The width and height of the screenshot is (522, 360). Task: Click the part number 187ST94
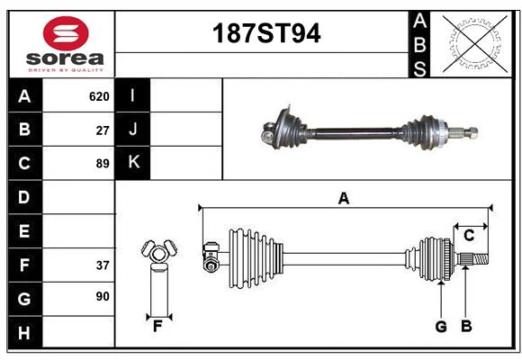click(265, 34)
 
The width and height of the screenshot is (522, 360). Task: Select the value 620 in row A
click(99, 96)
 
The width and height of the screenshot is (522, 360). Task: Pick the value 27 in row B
click(103, 130)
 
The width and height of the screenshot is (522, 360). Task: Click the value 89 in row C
click(103, 164)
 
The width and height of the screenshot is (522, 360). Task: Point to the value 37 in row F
click(103, 265)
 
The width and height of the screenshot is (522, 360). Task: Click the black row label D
click(23, 197)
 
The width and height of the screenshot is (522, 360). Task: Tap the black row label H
click(23, 333)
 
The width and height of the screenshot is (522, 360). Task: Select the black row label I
click(133, 96)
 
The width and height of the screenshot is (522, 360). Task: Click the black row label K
click(133, 163)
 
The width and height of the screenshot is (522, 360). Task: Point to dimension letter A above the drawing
click(343, 198)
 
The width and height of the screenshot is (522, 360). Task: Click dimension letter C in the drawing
click(469, 236)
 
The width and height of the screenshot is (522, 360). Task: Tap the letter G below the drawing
click(441, 327)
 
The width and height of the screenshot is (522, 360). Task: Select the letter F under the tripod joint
click(157, 327)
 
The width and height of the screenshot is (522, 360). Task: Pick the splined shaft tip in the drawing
click(477, 261)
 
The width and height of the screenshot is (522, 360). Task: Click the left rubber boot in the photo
click(287, 127)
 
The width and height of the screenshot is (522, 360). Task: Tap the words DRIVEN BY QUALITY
click(66, 68)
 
